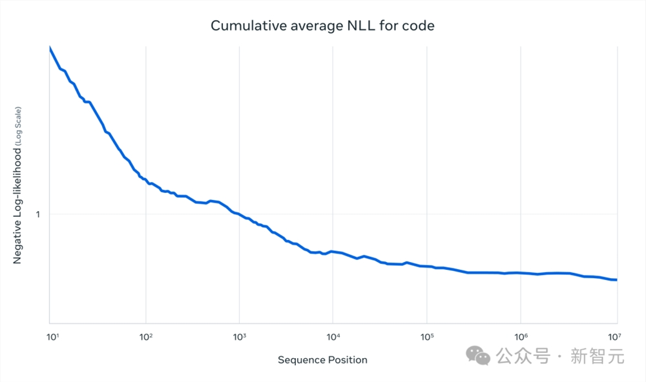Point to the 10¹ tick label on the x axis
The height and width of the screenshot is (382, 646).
tap(52, 336)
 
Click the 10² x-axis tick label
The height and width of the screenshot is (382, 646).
tap(145, 336)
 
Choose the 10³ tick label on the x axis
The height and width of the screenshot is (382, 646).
tap(239, 336)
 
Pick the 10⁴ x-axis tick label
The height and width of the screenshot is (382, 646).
tap(333, 336)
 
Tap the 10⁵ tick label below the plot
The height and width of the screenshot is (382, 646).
tap(426, 336)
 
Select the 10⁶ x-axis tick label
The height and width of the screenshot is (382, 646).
tap(520, 336)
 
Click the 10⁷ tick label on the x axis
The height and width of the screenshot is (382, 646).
tap(614, 336)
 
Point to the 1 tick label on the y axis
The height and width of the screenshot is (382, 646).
tap(37, 214)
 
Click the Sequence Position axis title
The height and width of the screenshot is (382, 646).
tap(322, 359)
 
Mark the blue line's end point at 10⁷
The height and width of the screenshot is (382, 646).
tap(616, 279)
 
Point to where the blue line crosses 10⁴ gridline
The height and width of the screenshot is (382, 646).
tap(333, 251)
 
